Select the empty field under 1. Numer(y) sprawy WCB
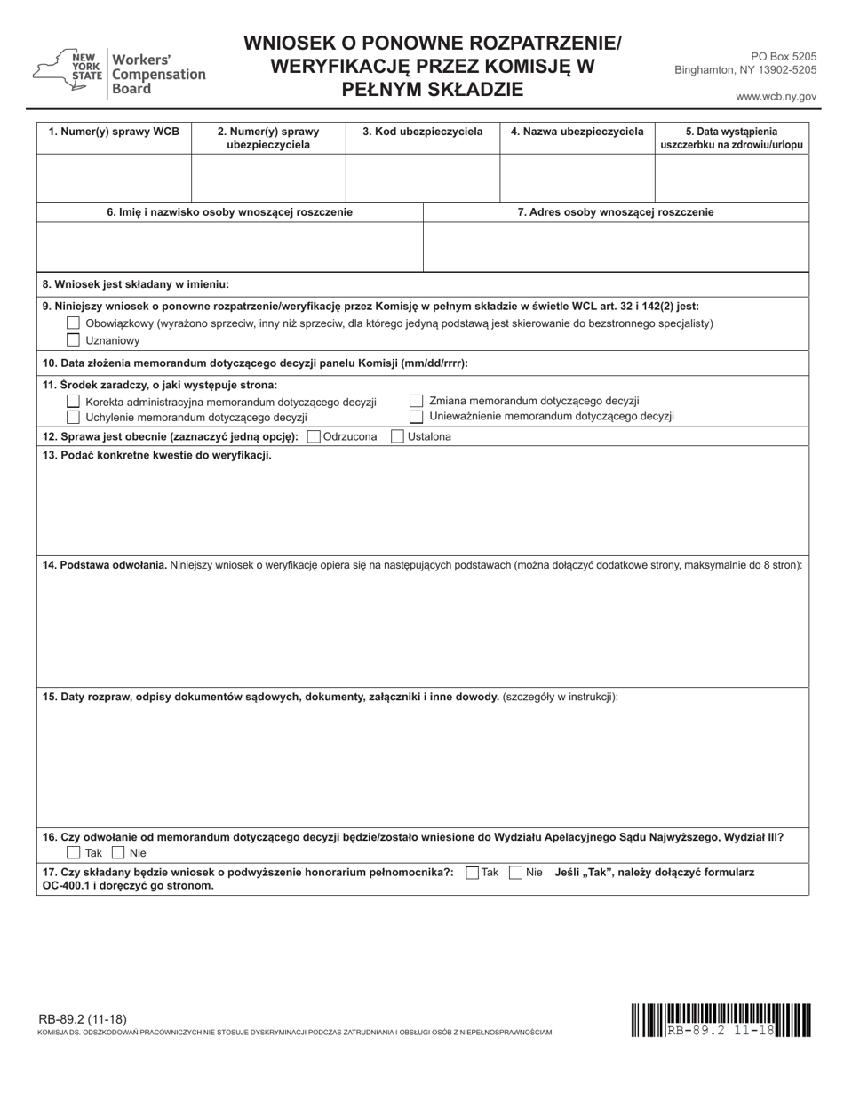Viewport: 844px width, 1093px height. coord(114,179)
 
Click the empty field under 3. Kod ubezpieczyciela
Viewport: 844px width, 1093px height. coord(422,179)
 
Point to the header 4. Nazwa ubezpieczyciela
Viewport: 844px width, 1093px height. coord(577,132)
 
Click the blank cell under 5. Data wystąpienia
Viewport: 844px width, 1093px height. coord(731,179)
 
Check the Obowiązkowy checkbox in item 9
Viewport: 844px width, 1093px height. coord(74,323)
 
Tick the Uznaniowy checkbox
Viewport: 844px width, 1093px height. coord(74,339)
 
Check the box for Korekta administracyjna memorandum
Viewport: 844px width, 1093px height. coord(74,402)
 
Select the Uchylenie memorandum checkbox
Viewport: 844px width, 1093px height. coord(74,417)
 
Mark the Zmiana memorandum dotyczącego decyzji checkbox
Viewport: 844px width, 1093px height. coord(416,401)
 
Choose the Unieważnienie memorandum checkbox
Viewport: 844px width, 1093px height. coord(416,416)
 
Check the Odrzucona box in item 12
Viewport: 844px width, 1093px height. coord(313,436)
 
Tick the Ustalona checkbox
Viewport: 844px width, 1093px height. coord(397,436)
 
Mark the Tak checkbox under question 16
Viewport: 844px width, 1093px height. coord(74,852)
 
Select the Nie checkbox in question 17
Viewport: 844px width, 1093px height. coord(515,873)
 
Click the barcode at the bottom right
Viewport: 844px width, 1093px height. coord(721,1019)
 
